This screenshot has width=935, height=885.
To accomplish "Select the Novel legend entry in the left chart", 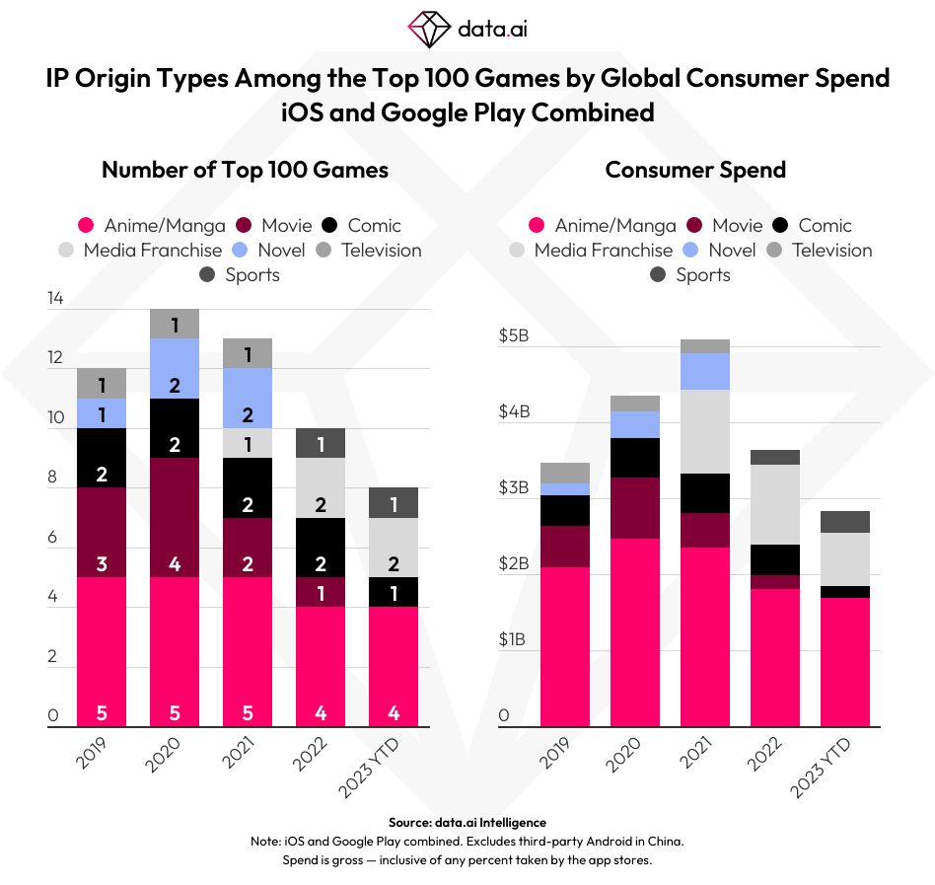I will coord(269,250).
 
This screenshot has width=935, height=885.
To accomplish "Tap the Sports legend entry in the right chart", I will coord(690,274).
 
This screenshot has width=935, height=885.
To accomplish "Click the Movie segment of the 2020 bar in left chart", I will coord(175,517).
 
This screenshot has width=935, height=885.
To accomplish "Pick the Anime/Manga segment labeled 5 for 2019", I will coord(102,652).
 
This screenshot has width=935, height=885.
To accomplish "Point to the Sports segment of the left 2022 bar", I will coord(321,443).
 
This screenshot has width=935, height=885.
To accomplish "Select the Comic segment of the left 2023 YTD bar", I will coord(394,592).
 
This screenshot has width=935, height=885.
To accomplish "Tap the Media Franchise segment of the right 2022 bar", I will coord(774,504).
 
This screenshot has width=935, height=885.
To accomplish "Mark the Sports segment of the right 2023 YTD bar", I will coord(845,522).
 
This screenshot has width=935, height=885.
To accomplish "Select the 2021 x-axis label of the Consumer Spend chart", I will coord(698,757).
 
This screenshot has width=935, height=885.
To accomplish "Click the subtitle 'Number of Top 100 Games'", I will coord(245,170).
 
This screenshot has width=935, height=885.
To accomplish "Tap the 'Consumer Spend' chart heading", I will coord(695,170).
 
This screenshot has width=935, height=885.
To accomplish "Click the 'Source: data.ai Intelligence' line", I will coord(467,822).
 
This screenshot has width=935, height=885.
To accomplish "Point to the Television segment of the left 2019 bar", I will coord(102,383).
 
